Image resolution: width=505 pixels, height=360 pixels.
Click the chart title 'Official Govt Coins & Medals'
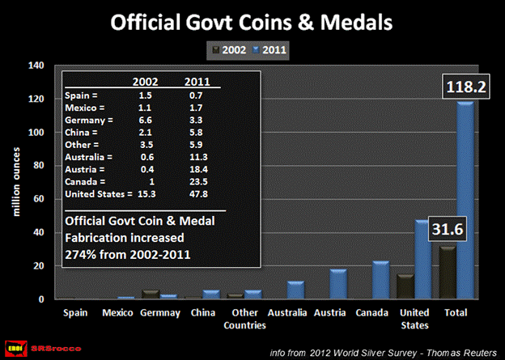pyautogui.click(x=251, y=21)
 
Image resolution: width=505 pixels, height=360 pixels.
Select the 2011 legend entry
pyautogui.click(x=274, y=50)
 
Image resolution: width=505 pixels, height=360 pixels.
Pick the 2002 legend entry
pyautogui.click(x=231, y=50)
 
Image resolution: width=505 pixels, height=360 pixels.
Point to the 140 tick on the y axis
pyautogui.click(x=33, y=66)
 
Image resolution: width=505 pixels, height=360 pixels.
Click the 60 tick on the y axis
pyautogui.click(x=36, y=199)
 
